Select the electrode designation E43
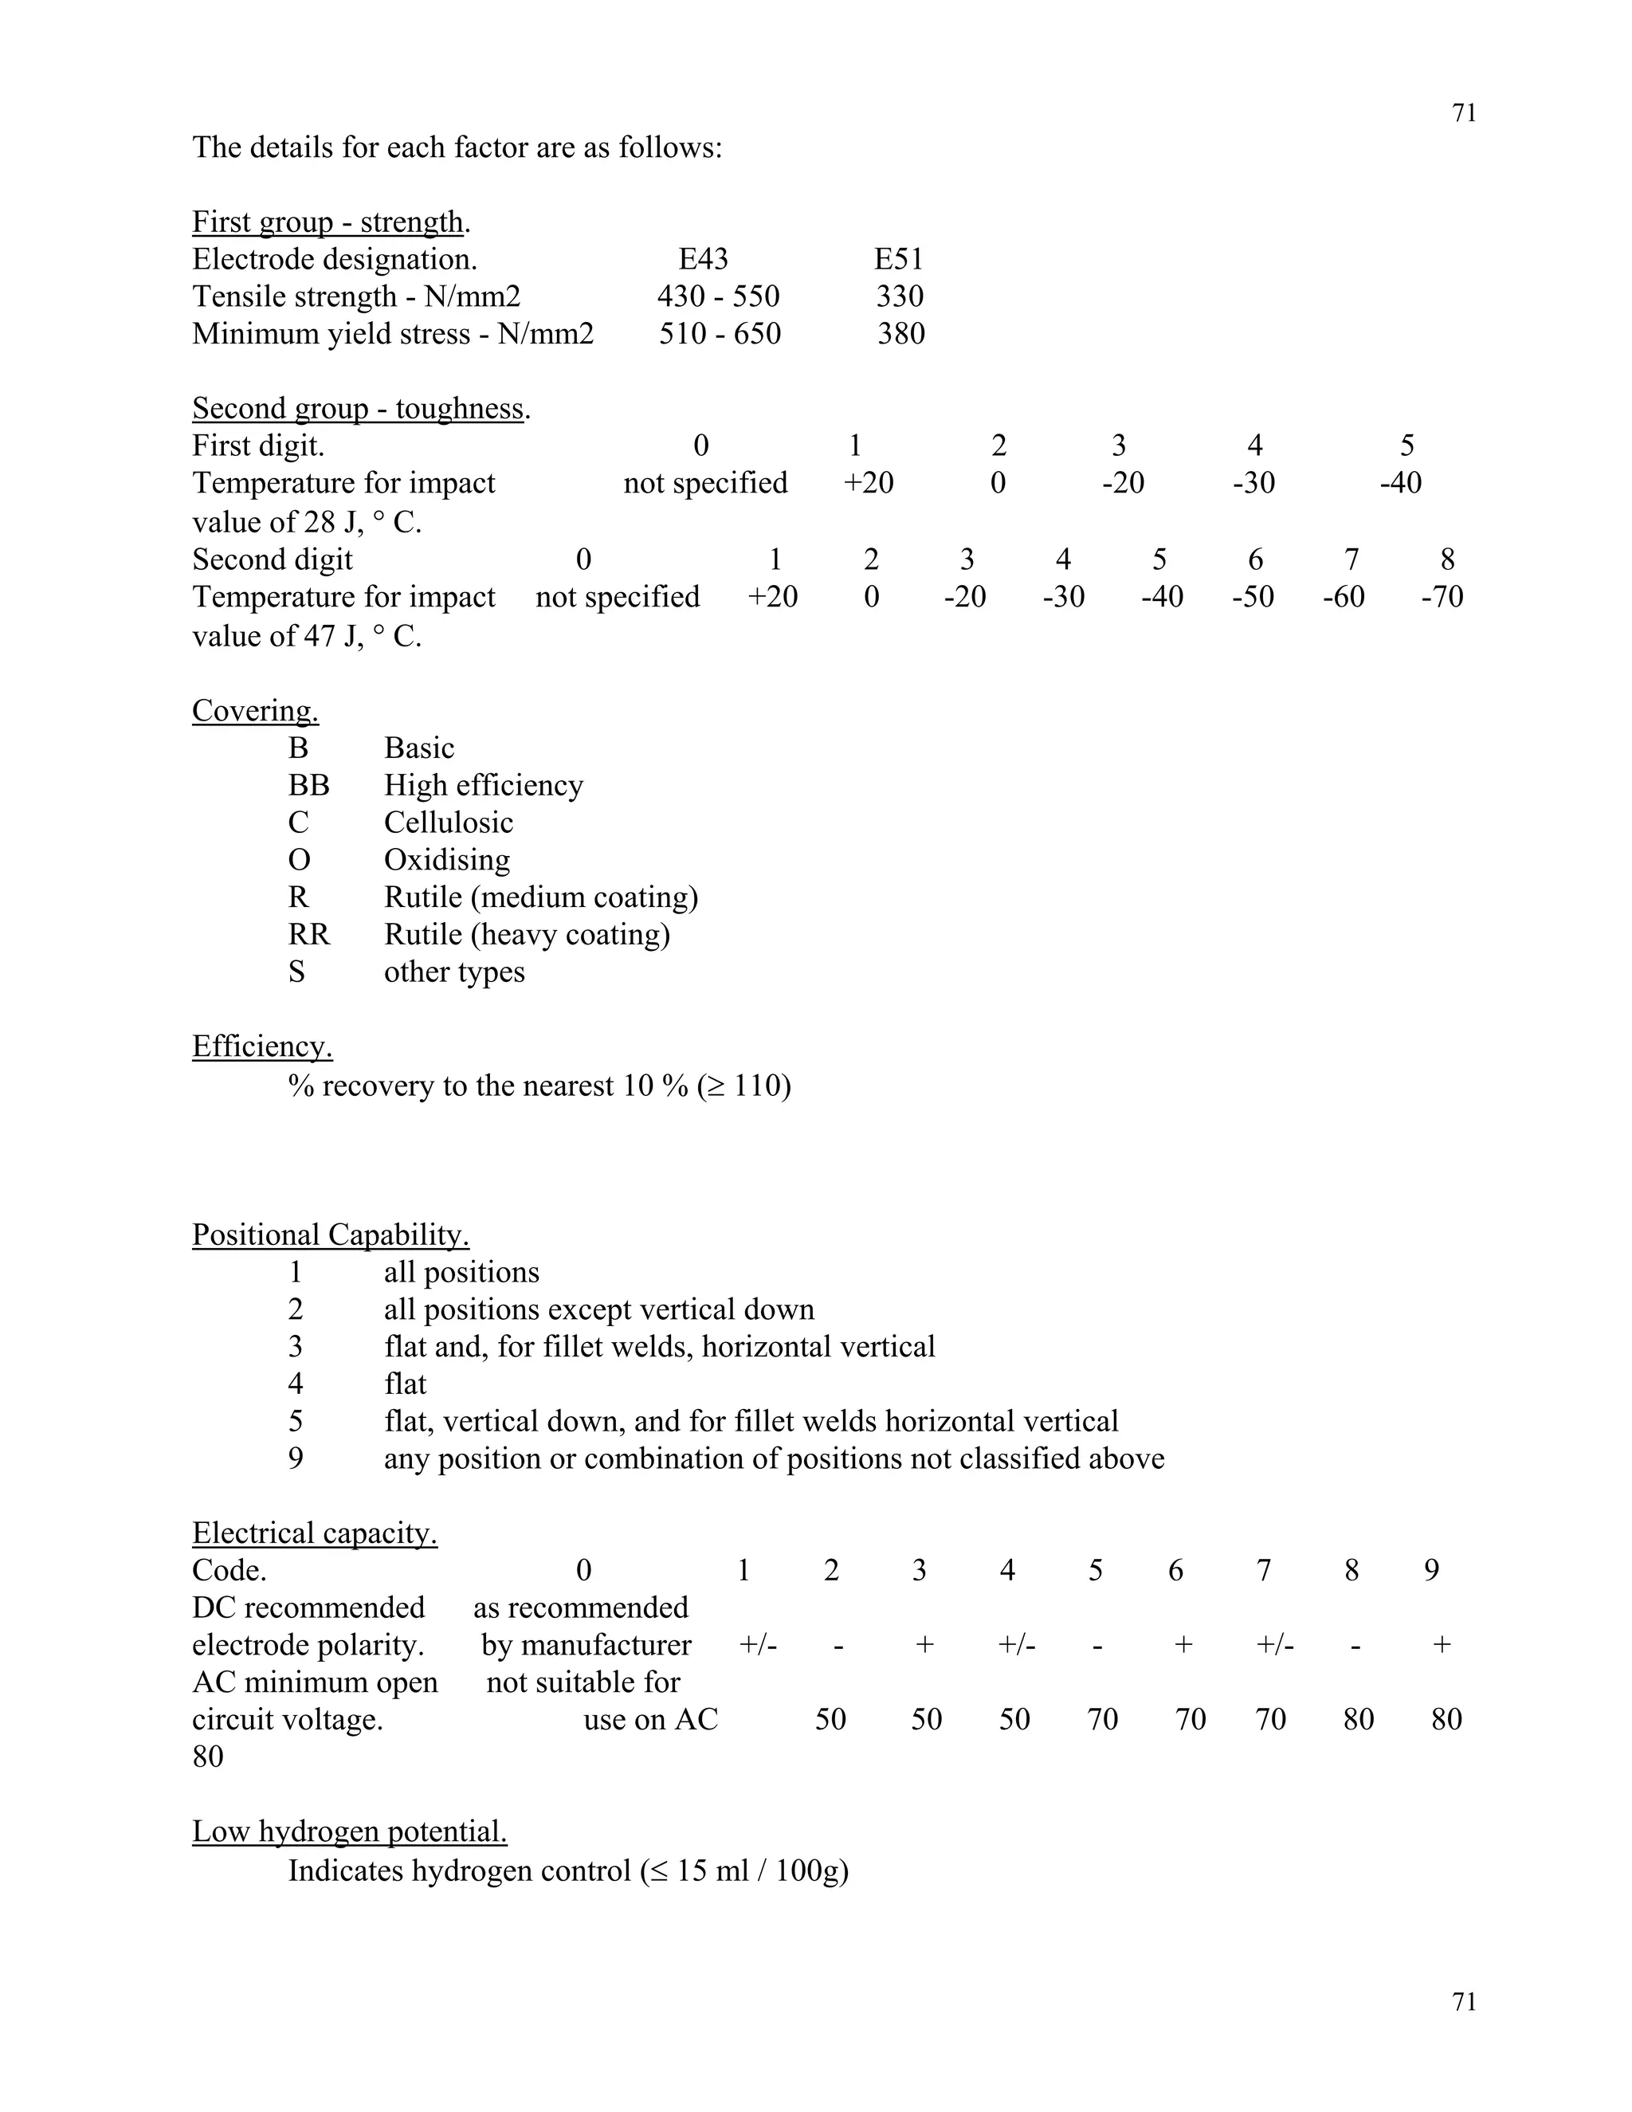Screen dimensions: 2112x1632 [703, 259]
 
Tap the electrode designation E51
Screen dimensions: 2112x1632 [898, 259]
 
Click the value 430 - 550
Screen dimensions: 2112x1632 [718, 296]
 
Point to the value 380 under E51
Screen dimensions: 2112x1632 [901, 334]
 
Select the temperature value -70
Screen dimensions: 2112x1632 [1442, 597]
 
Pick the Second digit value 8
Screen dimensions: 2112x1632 [1446, 560]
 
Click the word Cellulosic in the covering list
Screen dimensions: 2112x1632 [448, 823]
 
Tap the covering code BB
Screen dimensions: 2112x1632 [308, 785]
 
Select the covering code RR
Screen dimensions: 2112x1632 [308, 935]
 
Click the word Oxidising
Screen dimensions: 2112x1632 [447, 860]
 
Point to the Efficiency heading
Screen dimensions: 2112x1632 [262, 1046]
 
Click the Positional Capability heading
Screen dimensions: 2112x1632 [331, 1235]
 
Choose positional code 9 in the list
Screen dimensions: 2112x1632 [296, 1458]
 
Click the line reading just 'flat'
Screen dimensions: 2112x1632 [405, 1384]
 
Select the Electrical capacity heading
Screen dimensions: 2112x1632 [314, 1533]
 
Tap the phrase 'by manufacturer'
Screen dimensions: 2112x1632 [586, 1645]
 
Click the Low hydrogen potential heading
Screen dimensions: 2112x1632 [349, 1831]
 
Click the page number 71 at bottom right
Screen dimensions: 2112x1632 [1464, 2002]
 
